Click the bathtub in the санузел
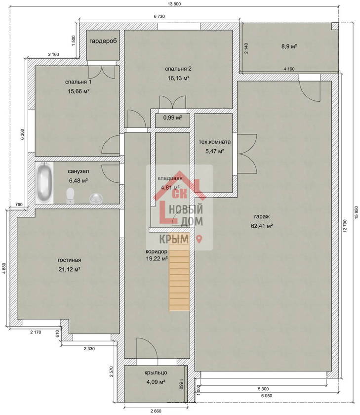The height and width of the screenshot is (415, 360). pyautogui.click(x=44, y=183)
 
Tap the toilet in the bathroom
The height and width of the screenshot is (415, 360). pyautogui.click(x=70, y=195)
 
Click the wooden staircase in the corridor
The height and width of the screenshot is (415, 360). pyautogui.click(x=179, y=280)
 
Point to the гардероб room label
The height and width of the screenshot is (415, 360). pyautogui.click(x=103, y=41)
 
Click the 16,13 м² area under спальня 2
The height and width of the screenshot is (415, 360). pyautogui.click(x=178, y=78)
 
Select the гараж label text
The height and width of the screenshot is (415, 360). pyautogui.click(x=262, y=216)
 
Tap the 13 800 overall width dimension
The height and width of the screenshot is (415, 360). pyautogui.click(x=174, y=4)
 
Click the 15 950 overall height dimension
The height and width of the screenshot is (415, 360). pyautogui.click(x=356, y=212)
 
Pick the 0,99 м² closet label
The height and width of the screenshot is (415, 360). pyautogui.click(x=172, y=117)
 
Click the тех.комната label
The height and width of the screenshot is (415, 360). pyautogui.click(x=214, y=142)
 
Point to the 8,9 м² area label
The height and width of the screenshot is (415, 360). pyautogui.click(x=289, y=46)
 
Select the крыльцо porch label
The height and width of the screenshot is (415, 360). pyautogui.click(x=156, y=373)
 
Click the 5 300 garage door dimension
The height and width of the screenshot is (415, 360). pyautogui.click(x=263, y=389)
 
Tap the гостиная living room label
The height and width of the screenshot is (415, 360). pyautogui.click(x=69, y=260)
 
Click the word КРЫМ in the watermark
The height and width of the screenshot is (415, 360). pyautogui.click(x=174, y=239)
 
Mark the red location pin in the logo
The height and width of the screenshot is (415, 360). pyautogui.click(x=200, y=239)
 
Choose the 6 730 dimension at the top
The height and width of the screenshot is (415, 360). pyautogui.click(x=159, y=16)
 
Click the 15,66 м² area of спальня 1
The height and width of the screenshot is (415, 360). pyautogui.click(x=79, y=91)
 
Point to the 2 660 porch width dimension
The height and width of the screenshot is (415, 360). pyautogui.click(x=156, y=411)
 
